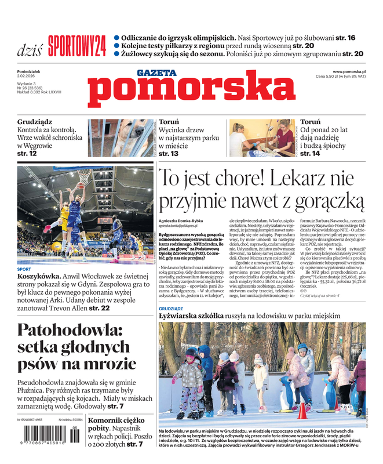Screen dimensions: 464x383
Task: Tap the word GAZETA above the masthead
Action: tap(156, 72)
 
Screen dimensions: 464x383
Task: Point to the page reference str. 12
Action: tap(27, 154)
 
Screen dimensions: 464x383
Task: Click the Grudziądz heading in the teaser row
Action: tap(35, 122)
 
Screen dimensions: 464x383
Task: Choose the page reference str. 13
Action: tap(168, 154)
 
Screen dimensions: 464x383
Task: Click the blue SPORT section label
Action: tap(24, 269)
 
